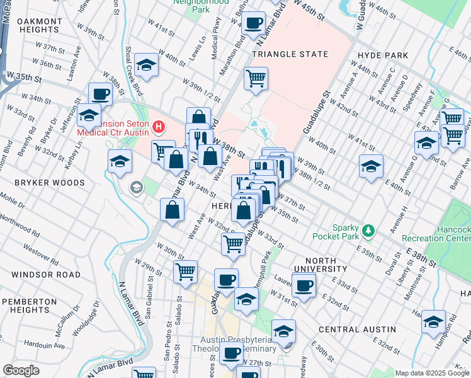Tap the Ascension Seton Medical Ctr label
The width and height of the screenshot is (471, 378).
(113, 128)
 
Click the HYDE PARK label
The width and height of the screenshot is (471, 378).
(382, 55)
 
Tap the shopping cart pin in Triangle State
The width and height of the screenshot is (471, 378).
(256, 79)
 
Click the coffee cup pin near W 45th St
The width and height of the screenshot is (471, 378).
(254, 23)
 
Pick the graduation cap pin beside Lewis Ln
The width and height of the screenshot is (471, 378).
(147, 66)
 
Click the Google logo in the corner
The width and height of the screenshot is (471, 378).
(21, 370)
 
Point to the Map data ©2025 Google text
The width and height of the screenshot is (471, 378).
(432, 373)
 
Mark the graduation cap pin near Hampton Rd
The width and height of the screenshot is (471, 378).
(433, 323)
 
